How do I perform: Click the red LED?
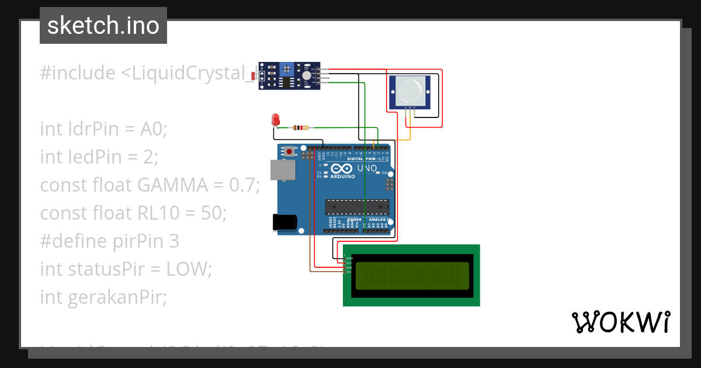(276, 120)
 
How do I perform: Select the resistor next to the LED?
(300, 128)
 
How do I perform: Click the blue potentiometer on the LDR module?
(286, 69)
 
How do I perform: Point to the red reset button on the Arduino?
(289, 151)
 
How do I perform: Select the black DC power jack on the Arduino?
(285, 222)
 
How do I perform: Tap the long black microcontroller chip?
(357, 207)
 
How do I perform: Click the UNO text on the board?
(366, 169)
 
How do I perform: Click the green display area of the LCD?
(412, 276)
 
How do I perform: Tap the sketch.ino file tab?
(103, 26)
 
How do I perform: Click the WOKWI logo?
(620, 322)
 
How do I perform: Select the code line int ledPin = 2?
(99, 157)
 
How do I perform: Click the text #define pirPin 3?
(109, 241)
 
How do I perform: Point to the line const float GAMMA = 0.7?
(150, 185)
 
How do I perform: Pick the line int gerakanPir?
(103, 297)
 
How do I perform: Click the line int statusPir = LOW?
(126, 269)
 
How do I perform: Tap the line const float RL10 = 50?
(133, 213)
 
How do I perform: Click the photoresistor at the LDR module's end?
(252, 76)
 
